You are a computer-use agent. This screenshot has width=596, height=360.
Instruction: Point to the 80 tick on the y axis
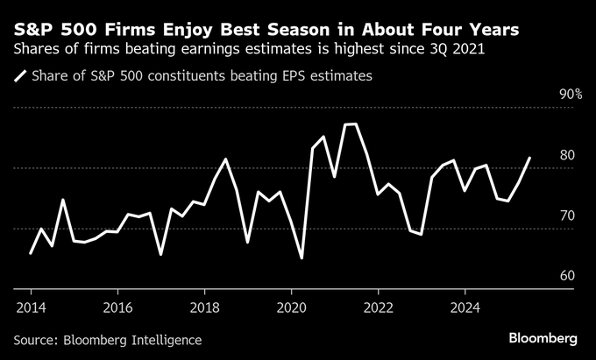point(567,156)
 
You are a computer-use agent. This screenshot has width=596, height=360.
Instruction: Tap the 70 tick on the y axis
point(567,215)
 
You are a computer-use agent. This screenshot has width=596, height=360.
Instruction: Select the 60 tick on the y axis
point(567,276)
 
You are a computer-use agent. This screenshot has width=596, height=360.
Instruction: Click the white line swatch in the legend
point(19,77)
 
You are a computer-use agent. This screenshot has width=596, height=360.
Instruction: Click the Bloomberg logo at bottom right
point(543,338)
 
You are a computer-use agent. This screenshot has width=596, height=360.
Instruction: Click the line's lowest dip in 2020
point(302,258)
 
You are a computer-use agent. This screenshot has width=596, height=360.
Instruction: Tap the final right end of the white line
point(529,159)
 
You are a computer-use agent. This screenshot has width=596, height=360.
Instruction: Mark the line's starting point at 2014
point(31,253)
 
